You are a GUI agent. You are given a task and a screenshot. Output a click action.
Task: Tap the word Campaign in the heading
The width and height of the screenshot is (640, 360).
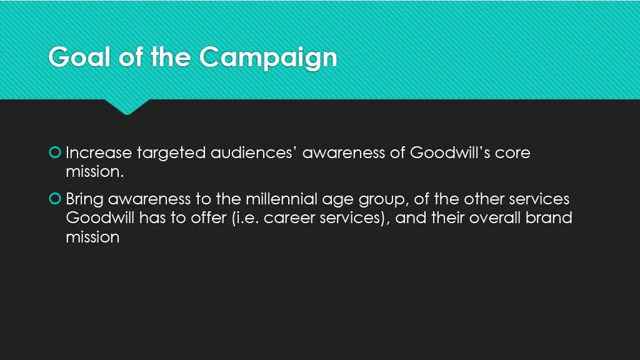click(269, 57)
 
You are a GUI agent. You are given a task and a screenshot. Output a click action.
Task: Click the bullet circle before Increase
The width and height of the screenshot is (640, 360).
click(55, 152)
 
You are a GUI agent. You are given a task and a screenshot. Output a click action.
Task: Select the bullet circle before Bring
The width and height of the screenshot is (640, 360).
click(55, 199)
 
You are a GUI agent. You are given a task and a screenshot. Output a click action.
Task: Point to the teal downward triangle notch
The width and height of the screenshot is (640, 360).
click(127, 107)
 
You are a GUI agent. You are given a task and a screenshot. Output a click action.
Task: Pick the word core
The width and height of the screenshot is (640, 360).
click(512, 152)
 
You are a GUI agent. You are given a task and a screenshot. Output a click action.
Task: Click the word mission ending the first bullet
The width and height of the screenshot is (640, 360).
click(94, 172)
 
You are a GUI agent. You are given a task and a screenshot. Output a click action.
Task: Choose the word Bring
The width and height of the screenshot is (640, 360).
click(85, 199)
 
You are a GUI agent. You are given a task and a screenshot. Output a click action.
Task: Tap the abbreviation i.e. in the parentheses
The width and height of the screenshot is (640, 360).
click(249, 219)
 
